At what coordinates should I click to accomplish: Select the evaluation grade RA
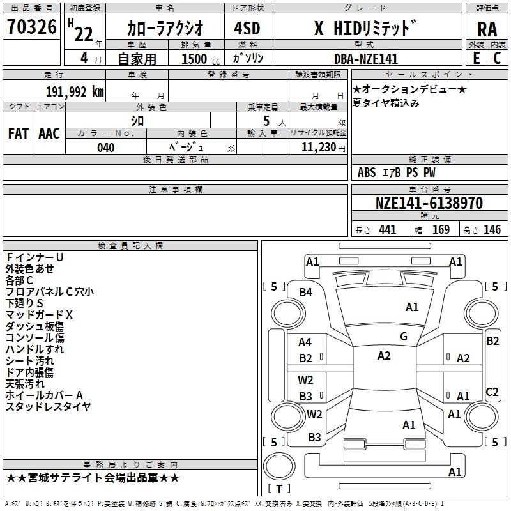pos(487,29)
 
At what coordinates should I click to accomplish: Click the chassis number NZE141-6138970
pos(429,204)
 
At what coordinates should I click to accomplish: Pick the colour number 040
pos(105,148)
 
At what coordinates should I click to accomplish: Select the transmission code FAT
pos(18,133)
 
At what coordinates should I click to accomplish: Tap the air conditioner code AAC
pos(49,133)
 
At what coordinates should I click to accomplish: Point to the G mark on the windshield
pos(404,337)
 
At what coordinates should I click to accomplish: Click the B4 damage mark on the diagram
pos(306,293)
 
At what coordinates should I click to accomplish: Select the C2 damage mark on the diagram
pos(492,392)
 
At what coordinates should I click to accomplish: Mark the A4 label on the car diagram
pos(305,342)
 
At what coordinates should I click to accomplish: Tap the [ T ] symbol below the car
pos(279,489)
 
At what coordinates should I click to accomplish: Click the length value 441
pos(388,229)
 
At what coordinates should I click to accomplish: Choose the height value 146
pos(492,229)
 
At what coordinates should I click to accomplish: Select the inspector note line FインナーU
pos(34,257)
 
